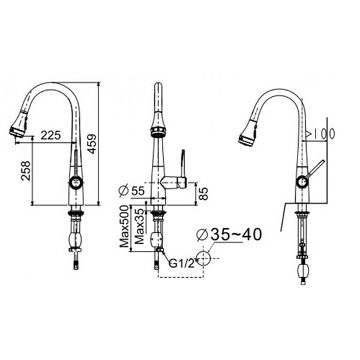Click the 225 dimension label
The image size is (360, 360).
click(50, 136)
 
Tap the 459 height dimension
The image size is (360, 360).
click(91, 143)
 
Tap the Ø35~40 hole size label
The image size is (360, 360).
click(229, 235)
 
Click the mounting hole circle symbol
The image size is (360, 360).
click(204, 258)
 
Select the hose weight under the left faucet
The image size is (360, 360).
click(76, 241)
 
